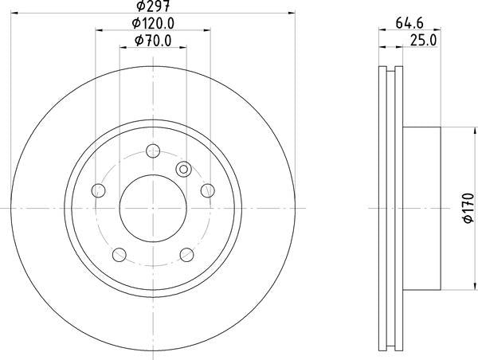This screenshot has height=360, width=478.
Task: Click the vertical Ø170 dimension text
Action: pos(468,208)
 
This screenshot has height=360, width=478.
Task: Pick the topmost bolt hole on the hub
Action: pos(153,149)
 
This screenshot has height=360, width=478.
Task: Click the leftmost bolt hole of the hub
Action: pos(99,190)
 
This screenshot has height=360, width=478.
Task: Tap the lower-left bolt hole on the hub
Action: pos(119,254)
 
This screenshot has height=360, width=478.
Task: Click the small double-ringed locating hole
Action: pos(182,168)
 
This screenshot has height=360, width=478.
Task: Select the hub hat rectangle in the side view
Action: pos(422,208)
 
